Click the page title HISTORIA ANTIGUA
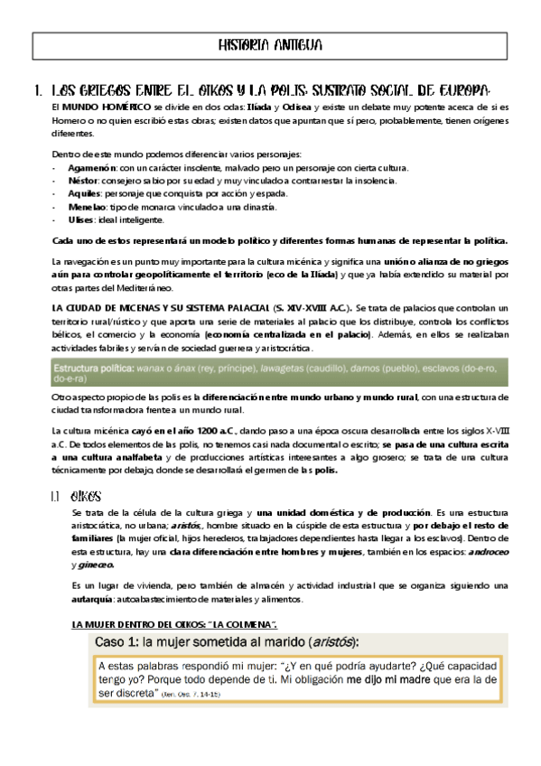click(270, 45)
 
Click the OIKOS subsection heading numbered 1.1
click(84, 496)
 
